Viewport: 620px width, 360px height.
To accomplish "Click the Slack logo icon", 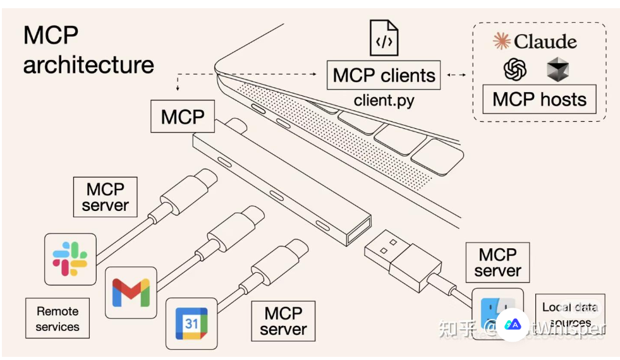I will point(70,259).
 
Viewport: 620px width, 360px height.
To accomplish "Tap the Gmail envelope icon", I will point(131,292).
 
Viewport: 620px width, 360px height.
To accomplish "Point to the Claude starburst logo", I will point(502,42).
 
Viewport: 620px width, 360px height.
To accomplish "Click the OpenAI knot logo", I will point(515,69).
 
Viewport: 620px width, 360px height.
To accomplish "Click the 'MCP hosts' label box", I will point(539,99).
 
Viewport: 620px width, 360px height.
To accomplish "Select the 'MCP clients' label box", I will point(384,75).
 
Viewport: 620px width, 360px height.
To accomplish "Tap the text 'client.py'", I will point(384,100).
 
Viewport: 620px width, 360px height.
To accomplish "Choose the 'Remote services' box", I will point(58,319).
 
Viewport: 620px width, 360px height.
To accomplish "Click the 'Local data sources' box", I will point(569,314).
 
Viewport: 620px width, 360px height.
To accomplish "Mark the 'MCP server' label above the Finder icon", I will point(497,263).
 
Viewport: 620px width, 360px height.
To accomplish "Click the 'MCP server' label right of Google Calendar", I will point(283,321).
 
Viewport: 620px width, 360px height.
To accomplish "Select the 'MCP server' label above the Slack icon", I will point(106,197).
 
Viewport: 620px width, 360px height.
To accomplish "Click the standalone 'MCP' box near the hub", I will point(183,117).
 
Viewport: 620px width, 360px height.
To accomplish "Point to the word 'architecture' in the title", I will point(88,64).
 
